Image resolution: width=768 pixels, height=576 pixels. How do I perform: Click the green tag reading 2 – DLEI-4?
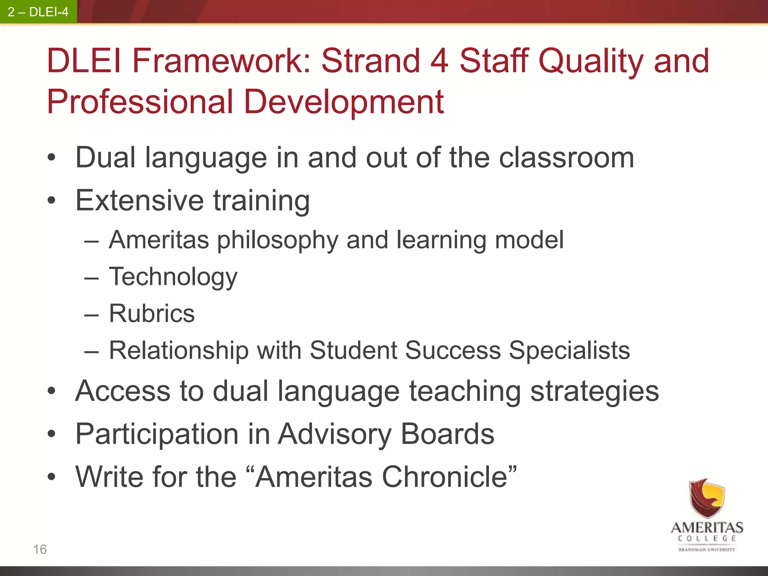click(x=38, y=12)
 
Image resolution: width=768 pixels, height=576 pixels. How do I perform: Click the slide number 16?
click(x=40, y=549)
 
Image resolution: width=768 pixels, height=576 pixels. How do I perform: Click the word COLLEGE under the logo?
click(x=707, y=538)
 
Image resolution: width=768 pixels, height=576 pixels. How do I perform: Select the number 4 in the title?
click(x=439, y=61)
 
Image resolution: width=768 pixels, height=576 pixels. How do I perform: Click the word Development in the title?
click(x=343, y=102)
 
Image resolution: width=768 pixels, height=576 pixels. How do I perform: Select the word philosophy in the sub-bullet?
click(x=277, y=240)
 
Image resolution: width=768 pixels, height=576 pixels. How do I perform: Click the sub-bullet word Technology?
click(x=173, y=277)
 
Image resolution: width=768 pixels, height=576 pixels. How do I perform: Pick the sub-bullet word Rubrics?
click(x=152, y=313)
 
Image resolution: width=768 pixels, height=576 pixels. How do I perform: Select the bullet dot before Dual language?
click(x=51, y=158)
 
